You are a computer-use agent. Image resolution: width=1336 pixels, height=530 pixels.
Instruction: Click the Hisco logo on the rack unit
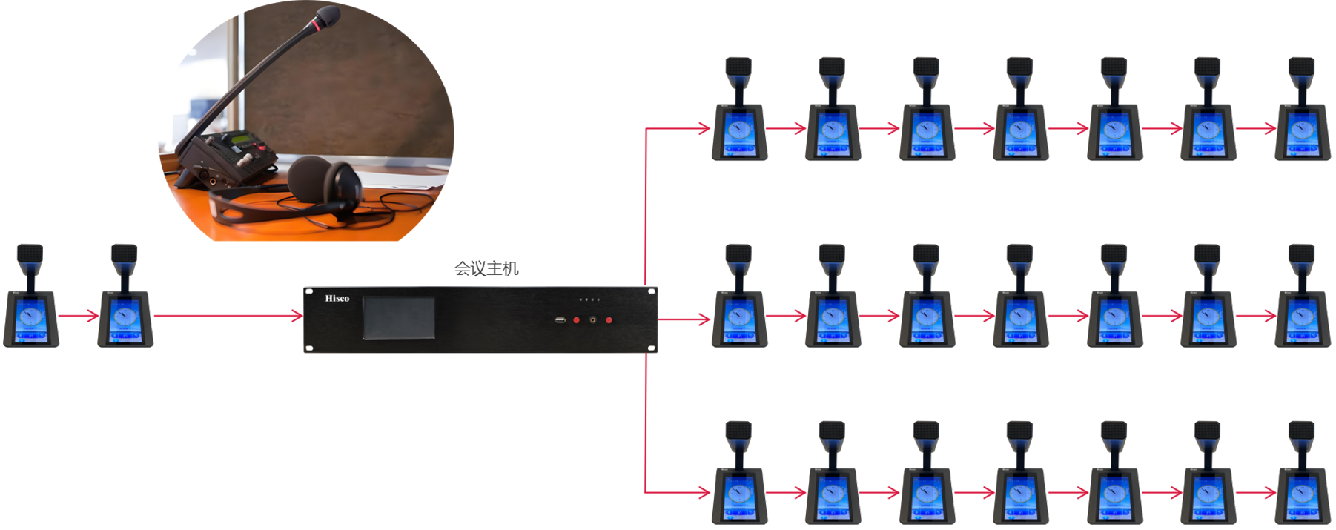pyautogui.click(x=337, y=299)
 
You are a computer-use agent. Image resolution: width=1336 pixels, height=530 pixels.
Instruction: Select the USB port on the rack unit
pyautogui.click(x=560, y=320)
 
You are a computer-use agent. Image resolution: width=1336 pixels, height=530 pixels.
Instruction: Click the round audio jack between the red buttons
pyautogui.click(x=592, y=320)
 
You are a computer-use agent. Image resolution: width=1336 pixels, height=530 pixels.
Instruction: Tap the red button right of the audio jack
pyautogui.click(x=609, y=320)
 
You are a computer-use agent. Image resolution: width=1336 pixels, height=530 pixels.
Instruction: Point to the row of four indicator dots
pyautogui.click(x=589, y=300)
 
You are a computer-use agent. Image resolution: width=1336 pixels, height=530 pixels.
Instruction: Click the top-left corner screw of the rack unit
pyautogui.click(x=308, y=292)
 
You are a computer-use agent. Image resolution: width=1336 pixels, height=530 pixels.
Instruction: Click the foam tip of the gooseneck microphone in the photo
pyautogui.click(x=326, y=16)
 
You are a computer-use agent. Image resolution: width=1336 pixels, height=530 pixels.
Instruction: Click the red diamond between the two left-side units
pyautogui.click(x=78, y=316)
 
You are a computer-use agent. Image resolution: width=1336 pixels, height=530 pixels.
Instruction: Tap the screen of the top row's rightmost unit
pyautogui.click(x=1302, y=133)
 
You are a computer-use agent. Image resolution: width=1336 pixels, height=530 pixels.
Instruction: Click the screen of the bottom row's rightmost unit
pyautogui.click(x=1302, y=494)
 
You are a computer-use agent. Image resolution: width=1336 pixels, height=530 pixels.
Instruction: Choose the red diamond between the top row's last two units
pyautogui.click(x=1255, y=126)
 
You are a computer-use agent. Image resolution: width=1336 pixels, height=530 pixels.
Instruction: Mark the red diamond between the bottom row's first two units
pyautogui.click(x=786, y=491)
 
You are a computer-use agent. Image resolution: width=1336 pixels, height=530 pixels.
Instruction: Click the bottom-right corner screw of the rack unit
pyautogui.click(x=651, y=348)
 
